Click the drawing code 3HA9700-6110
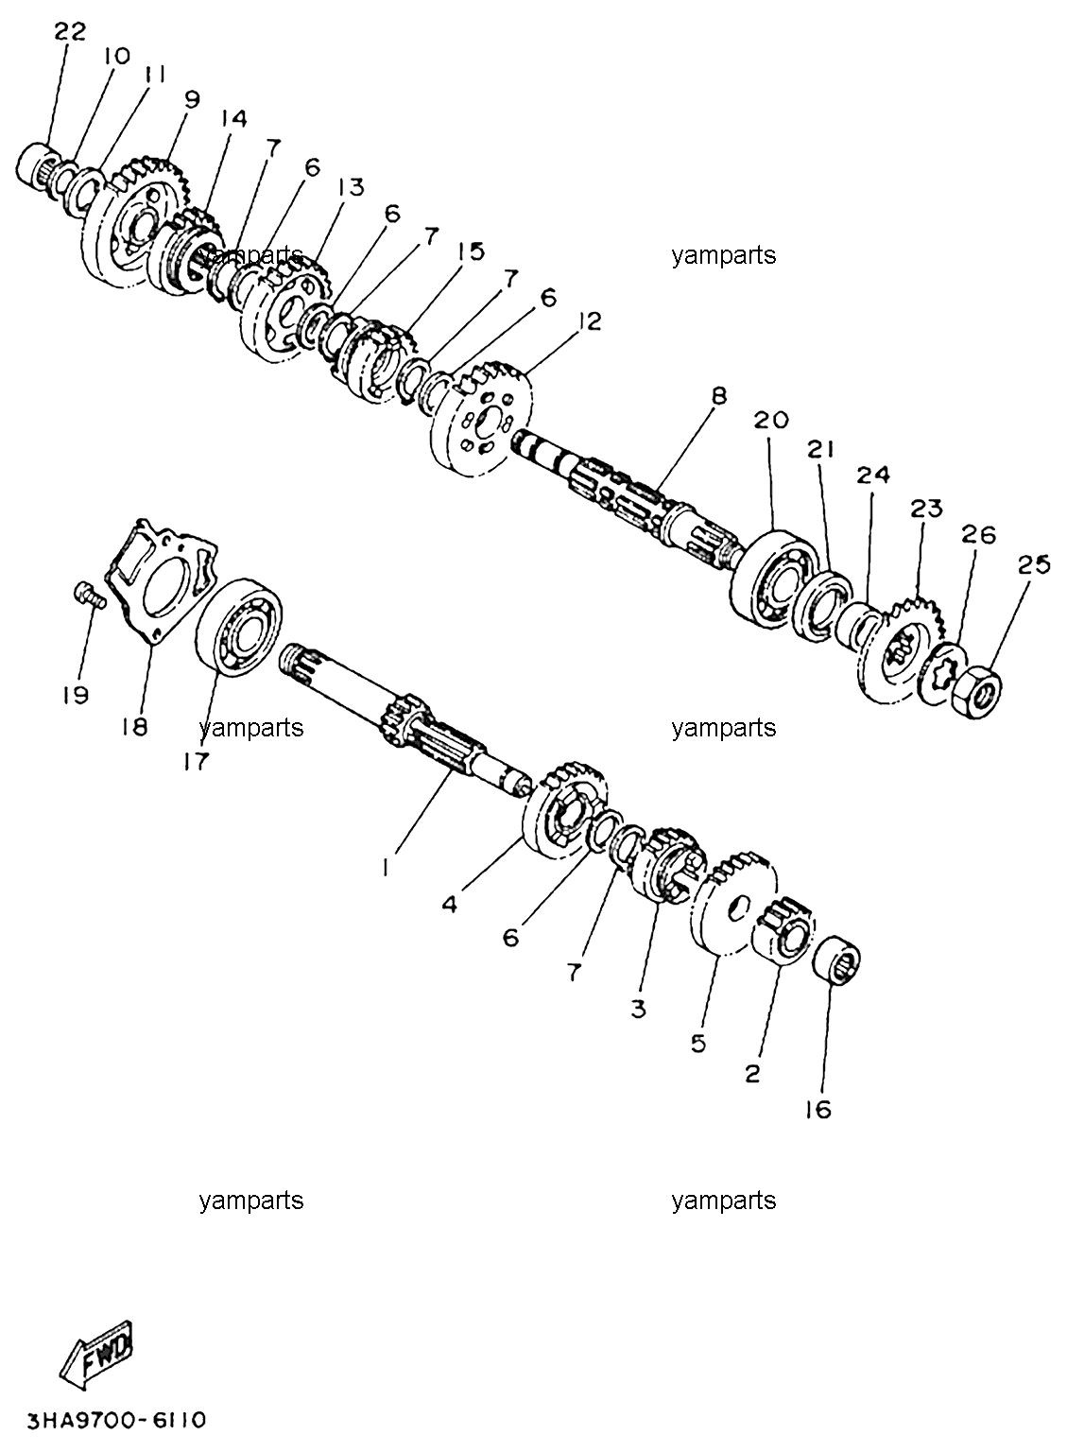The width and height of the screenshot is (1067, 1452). click(116, 1419)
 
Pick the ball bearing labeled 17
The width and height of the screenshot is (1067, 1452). click(239, 627)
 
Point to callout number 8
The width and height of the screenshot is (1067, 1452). click(719, 395)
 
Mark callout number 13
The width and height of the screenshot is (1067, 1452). click(350, 187)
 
